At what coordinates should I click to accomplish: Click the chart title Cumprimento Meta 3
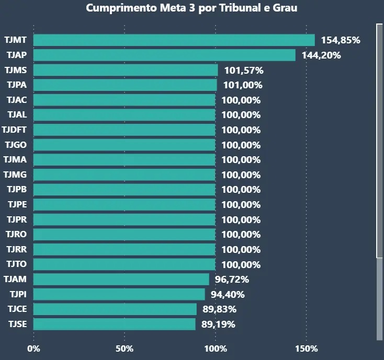coord(191,8)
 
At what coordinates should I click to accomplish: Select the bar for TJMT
coord(174,40)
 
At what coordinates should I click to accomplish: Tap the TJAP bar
coord(164,55)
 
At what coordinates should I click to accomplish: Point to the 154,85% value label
coord(341,40)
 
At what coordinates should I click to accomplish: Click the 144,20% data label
coord(321,55)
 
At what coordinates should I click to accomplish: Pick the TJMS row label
coord(16,70)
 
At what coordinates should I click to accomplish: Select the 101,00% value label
coord(242,85)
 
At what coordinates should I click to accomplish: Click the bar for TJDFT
coord(125,130)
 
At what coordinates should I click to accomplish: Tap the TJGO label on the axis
coord(16,145)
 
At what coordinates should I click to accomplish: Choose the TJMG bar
coord(125,175)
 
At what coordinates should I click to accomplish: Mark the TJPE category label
coord(17,204)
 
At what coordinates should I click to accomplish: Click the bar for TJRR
coord(125,249)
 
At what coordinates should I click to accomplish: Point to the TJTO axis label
coord(16,264)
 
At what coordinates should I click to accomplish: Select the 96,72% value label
coord(232,280)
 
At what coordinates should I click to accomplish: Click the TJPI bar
coord(119,294)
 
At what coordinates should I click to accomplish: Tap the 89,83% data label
coord(220,309)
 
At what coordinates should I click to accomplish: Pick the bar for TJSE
coord(115,324)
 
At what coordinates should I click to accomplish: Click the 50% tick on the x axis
coord(125,349)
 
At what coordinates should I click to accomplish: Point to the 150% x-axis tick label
coord(306,349)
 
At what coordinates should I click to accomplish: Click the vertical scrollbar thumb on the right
coord(379,141)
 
